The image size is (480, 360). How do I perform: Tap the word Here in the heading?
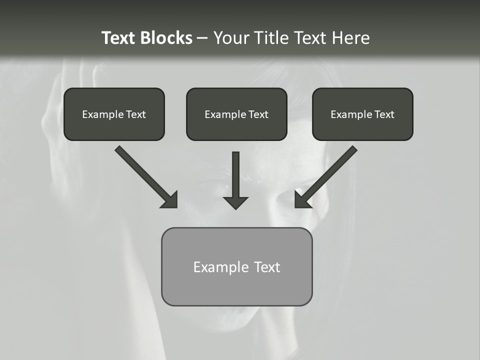tap(352, 38)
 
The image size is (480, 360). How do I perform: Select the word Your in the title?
tap(230, 38)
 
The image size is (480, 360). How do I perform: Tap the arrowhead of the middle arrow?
tap(235, 202)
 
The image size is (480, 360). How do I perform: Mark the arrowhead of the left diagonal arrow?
tap(170, 200)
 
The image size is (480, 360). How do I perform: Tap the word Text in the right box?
tap(384, 114)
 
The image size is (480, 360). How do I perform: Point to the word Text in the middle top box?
tap(258, 114)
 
